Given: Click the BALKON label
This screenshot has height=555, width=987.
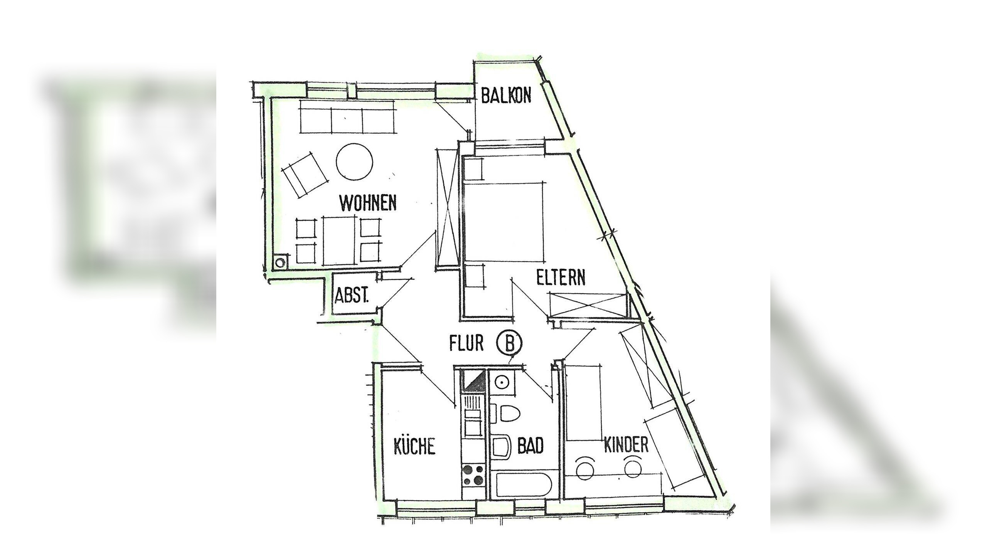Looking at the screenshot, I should tap(506, 95).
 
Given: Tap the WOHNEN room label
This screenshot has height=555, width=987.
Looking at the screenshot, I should tap(368, 203).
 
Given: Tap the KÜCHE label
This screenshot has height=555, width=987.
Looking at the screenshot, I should tap(414, 446).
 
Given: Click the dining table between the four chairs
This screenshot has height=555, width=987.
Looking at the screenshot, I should tap(339, 240).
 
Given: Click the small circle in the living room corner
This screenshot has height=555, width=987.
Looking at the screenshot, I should tap(280, 262).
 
